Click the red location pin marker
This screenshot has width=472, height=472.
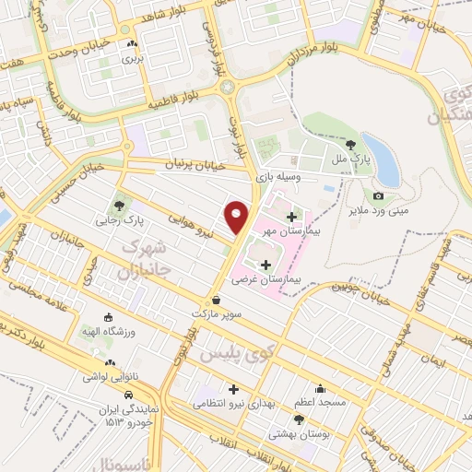237,217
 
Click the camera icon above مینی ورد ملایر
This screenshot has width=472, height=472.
378,195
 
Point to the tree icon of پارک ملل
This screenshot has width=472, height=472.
350,144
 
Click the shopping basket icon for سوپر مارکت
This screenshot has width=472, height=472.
216,300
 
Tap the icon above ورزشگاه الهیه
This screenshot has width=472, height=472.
110,315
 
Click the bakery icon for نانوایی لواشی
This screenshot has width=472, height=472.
110,363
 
